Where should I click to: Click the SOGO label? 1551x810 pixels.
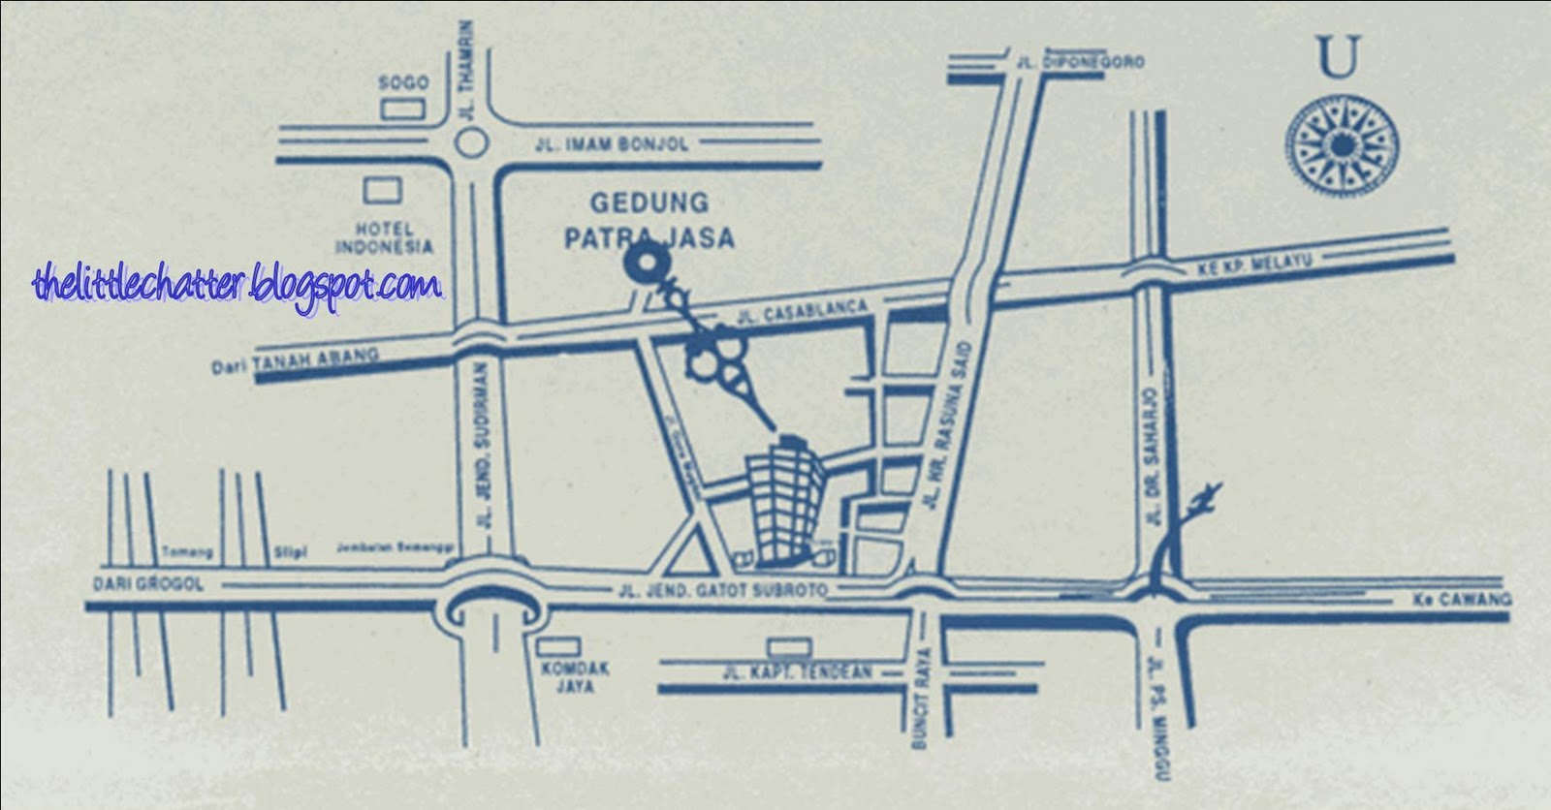point(403,83)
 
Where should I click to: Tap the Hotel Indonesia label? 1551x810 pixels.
point(384,238)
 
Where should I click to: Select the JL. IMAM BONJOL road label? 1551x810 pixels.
point(612,144)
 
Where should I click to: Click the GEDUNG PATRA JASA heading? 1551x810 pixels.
point(650,220)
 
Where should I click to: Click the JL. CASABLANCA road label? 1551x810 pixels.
point(801,313)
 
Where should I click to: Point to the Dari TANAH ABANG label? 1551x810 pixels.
point(295,361)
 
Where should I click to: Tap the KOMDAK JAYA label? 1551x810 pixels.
point(561,677)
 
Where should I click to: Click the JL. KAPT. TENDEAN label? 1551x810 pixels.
point(798,671)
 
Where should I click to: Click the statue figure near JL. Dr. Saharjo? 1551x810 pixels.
point(1200,503)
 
